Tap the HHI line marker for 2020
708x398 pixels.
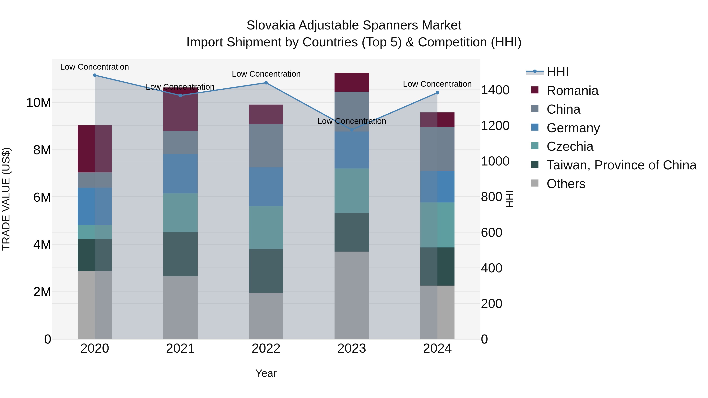pyautogui.click(x=95, y=75)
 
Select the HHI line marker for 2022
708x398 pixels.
pyautogui.click(x=266, y=83)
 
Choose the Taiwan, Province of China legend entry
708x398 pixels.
pyautogui.click(x=621, y=165)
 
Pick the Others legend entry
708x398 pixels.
pyautogui.click(x=566, y=184)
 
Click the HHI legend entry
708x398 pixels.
pyautogui.click(x=557, y=72)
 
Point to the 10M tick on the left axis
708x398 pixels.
pyautogui.click(x=39, y=103)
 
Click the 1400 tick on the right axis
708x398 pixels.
pyautogui.click(x=495, y=90)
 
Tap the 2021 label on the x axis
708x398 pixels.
pyautogui.click(x=180, y=348)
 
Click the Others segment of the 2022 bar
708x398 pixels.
pyautogui.click(x=266, y=316)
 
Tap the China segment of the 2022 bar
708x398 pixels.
pyautogui.click(x=266, y=146)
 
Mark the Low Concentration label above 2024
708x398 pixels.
pyautogui.click(x=437, y=84)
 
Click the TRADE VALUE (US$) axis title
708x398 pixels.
pyautogui.click(x=6, y=199)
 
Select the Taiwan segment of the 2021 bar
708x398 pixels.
pyautogui.click(x=180, y=254)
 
